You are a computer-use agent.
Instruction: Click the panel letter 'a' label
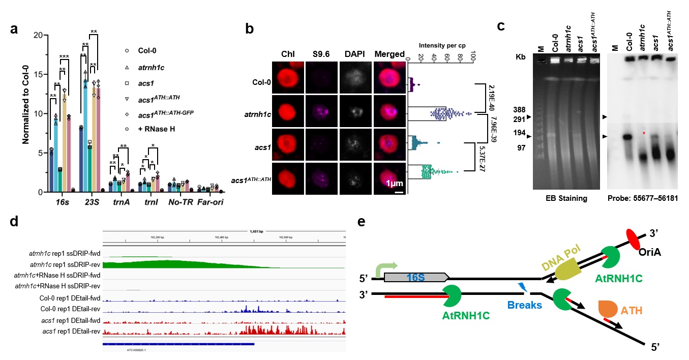pos(15,29)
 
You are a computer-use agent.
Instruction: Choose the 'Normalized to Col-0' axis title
pos(22,113)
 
